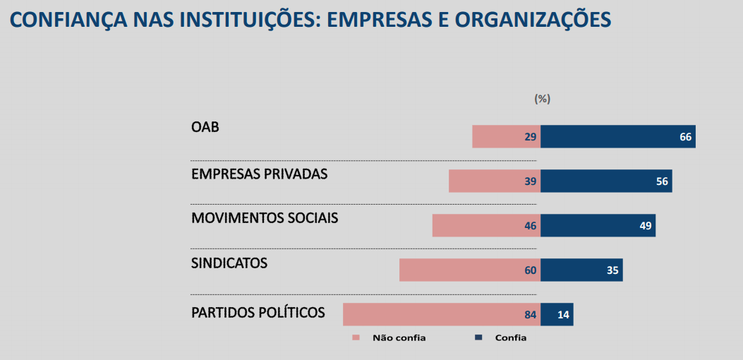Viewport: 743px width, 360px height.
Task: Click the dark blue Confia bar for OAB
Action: click(617, 137)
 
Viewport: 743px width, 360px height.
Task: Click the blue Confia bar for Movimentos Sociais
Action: click(598, 226)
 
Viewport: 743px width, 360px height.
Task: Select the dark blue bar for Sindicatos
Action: click(581, 270)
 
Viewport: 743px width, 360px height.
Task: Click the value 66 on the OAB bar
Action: click(685, 137)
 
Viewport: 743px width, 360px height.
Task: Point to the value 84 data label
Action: click(531, 315)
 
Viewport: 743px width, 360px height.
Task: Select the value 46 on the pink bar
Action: click(531, 226)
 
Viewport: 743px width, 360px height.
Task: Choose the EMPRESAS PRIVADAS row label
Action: click(259, 174)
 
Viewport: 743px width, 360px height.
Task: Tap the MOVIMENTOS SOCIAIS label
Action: click(265, 218)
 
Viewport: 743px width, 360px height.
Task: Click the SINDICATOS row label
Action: click(229, 263)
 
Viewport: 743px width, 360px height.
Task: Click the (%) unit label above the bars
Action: click(542, 99)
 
